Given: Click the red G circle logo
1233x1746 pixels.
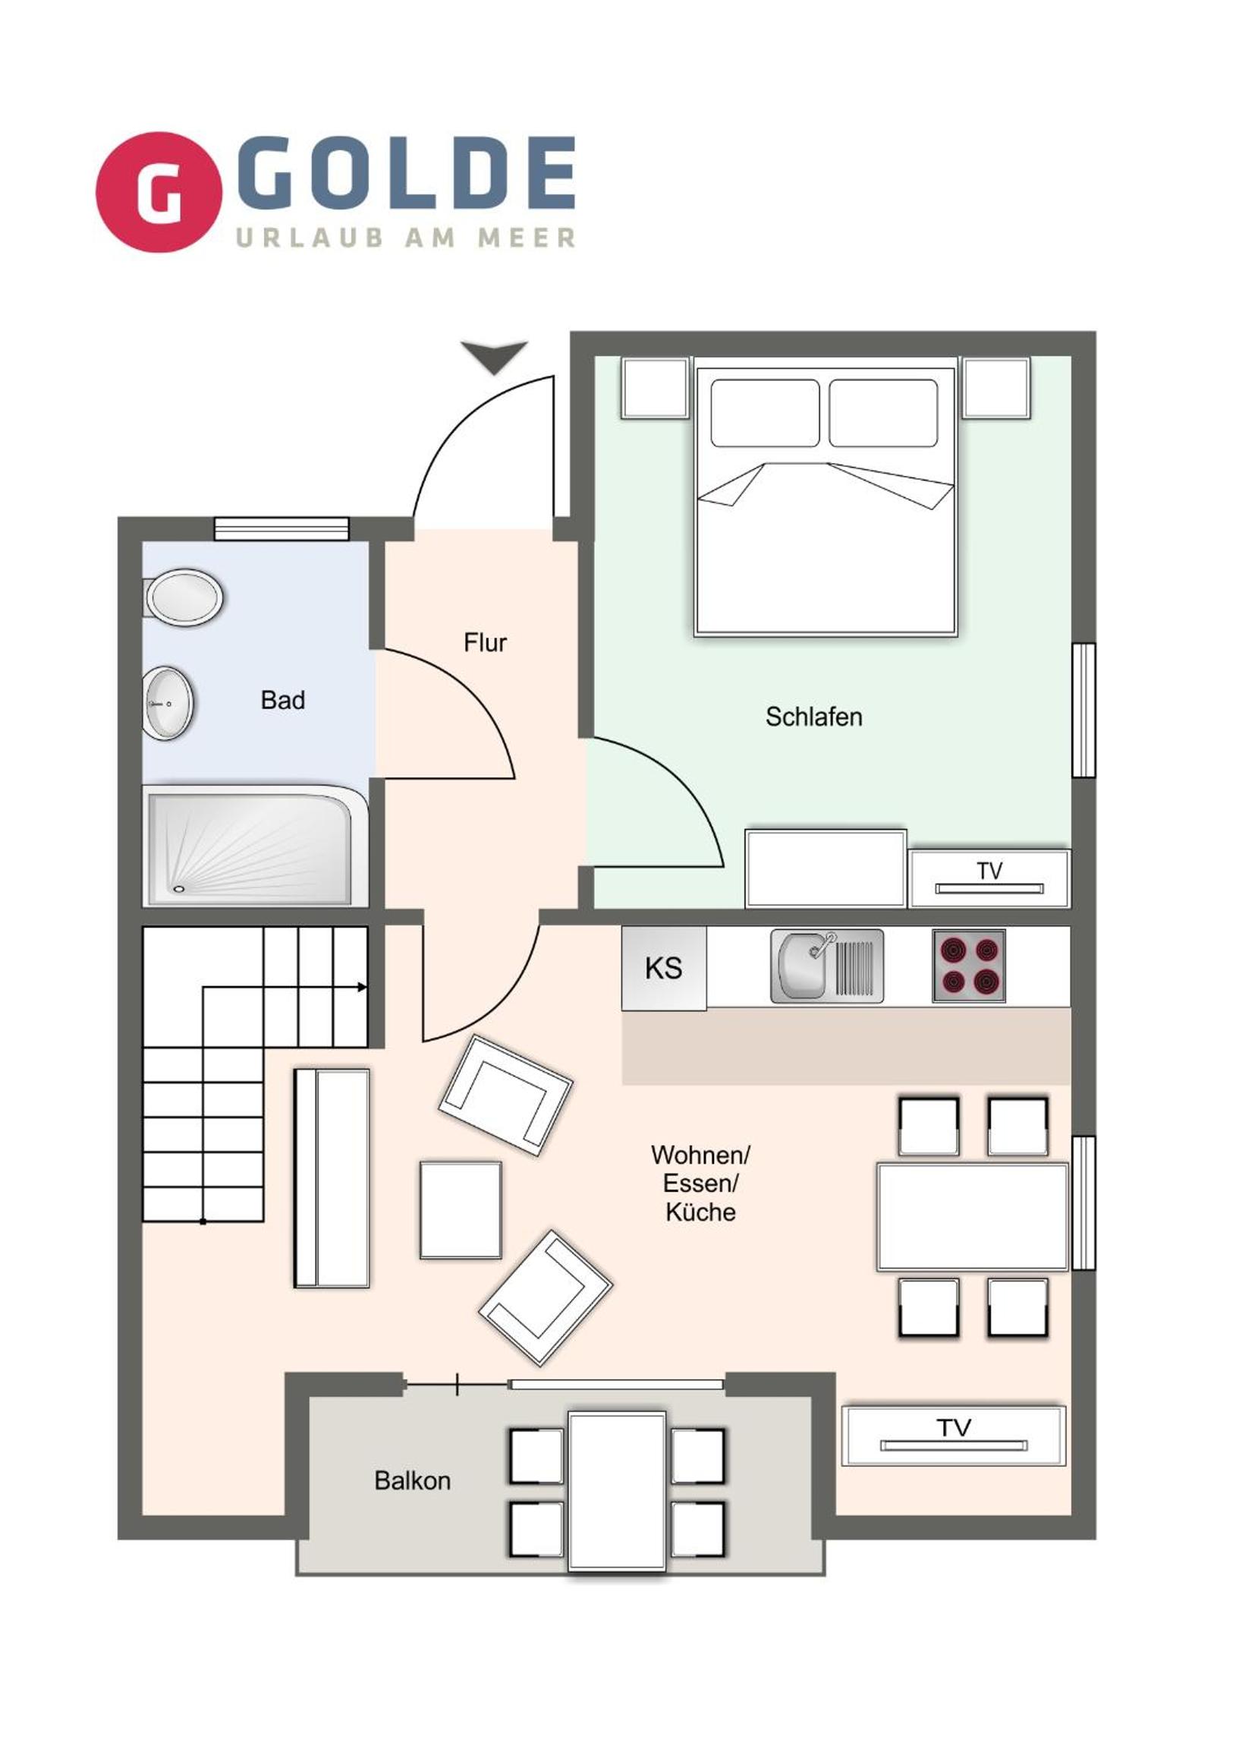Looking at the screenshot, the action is pyautogui.click(x=158, y=191).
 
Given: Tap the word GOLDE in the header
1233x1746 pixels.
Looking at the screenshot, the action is pyautogui.click(x=407, y=172).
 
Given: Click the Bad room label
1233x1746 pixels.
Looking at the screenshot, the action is pyautogui.click(x=283, y=701).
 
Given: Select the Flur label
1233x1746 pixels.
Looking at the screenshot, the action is pyautogui.click(x=485, y=642).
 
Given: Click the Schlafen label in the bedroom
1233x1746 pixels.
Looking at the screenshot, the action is pyautogui.click(x=813, y=717).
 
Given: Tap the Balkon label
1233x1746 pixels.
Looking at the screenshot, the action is pyautogui.click(x=412, y=1480).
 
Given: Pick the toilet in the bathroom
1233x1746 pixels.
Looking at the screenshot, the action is pyautogui.click(x=183, y=597).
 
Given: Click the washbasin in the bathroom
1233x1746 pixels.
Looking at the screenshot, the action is pyautogui.click(x=168, y=704).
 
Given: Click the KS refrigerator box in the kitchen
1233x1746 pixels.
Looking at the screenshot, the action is pyautogui.click(x=664, y=968).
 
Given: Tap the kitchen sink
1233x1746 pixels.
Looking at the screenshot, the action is pyautogui.click(x=827, y=966).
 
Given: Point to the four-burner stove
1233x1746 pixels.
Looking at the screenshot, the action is pyautogui.click(x=969, y=966).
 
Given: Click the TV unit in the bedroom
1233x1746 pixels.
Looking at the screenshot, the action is pyautogui.click(x=989, y=879).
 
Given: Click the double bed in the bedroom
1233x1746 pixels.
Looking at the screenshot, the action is pyautogui.click(x=826, y=501).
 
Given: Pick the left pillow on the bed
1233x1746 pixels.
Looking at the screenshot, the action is pyautogui.click(x=765, y=413).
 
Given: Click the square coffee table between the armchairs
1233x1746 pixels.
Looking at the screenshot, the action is pyautogui.click(x=461, y=1210).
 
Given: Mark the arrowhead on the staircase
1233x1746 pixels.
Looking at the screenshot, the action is pyautogui.click(x=363, y=988).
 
